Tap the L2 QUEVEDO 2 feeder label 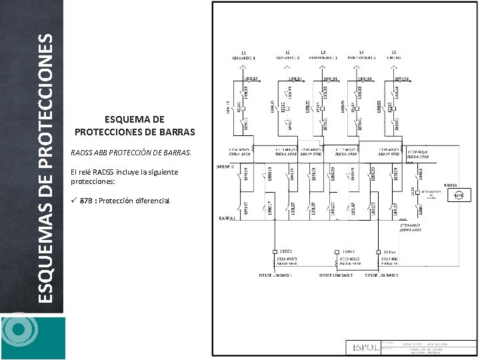tap(288, 55)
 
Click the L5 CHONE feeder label tap(394, 55)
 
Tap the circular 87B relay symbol tap(458, 195)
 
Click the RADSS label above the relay tap(450, 185)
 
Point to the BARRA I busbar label tap(225, 218)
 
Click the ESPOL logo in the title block tap(364, 347)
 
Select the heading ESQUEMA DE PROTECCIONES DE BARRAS tap(134, 125)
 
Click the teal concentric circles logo tap(18, 331)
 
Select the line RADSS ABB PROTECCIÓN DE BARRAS tap(131, 153)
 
